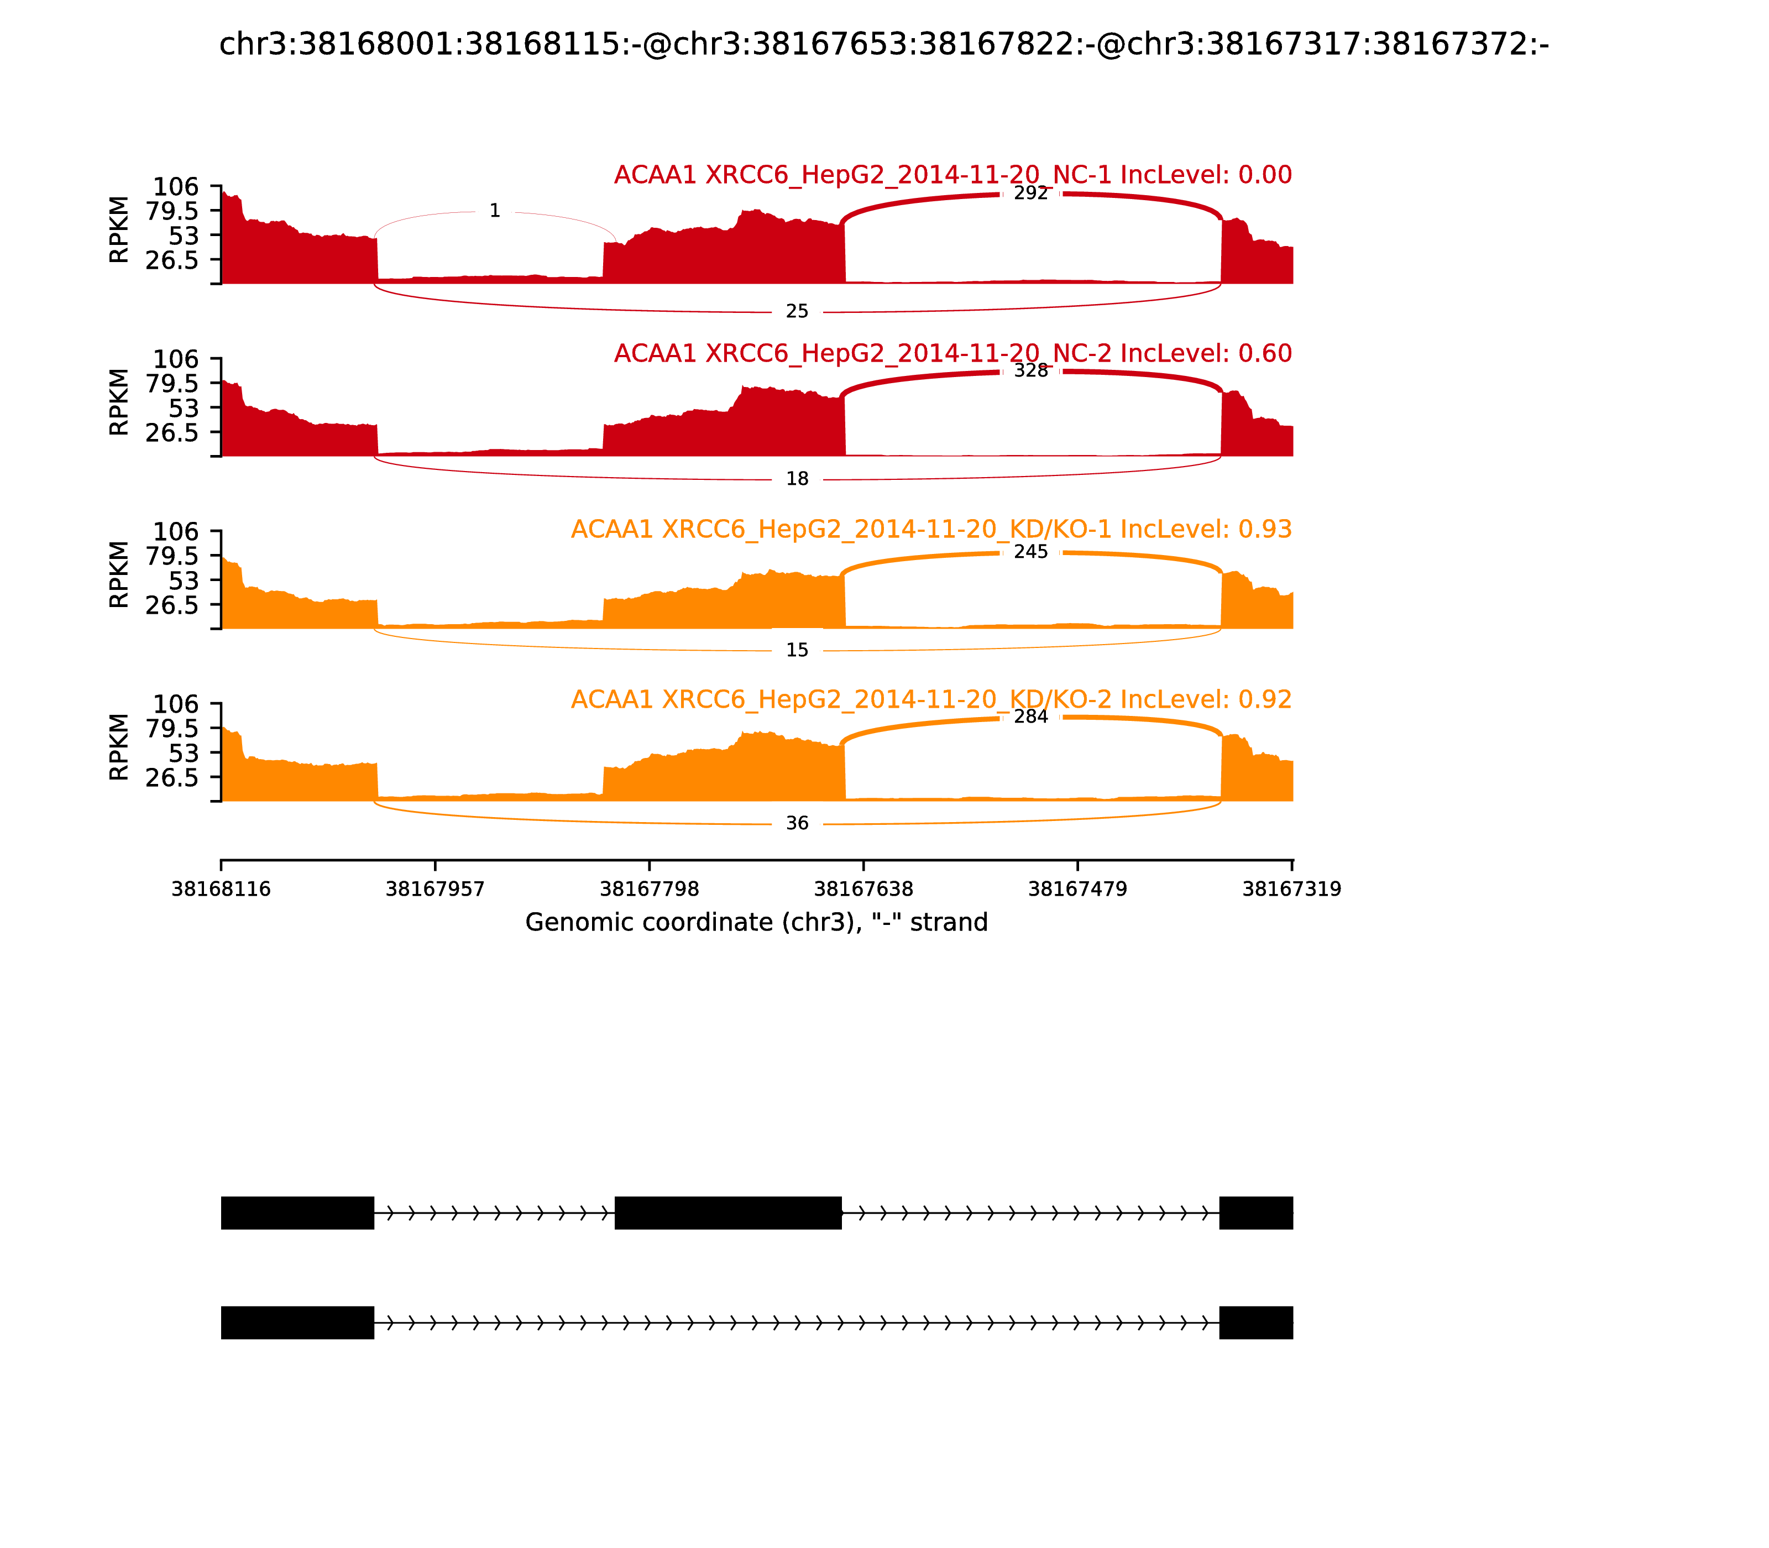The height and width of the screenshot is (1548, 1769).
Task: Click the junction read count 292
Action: (1030, 193)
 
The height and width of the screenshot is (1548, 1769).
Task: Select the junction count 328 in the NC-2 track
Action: (1030, 370)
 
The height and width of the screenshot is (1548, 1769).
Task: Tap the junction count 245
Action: (1030, 552)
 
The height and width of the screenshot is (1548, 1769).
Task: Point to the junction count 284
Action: (1030, 717)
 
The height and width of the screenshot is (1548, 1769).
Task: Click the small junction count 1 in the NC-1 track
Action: (494, 211)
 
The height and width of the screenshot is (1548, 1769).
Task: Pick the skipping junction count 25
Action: (797, 311)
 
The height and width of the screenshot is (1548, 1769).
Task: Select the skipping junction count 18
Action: (797, 479)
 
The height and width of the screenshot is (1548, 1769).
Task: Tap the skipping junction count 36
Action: (797, 823)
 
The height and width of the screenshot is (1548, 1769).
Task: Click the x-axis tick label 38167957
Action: (435, 889)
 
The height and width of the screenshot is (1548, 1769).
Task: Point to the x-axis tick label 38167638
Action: (863, 889)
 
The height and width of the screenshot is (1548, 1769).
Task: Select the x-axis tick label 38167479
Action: (1077, 889)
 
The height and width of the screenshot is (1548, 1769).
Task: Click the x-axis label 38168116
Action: (221, 889)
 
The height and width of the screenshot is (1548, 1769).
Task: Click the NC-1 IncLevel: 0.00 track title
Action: (952, 175)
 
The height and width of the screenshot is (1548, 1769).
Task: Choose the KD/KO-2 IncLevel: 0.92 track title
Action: (930, 700)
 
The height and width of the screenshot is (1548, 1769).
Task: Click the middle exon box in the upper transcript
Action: (728, 1213)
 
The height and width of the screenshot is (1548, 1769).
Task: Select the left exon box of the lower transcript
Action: (297, 1322)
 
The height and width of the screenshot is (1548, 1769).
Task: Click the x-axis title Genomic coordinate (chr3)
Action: (756, 923)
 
